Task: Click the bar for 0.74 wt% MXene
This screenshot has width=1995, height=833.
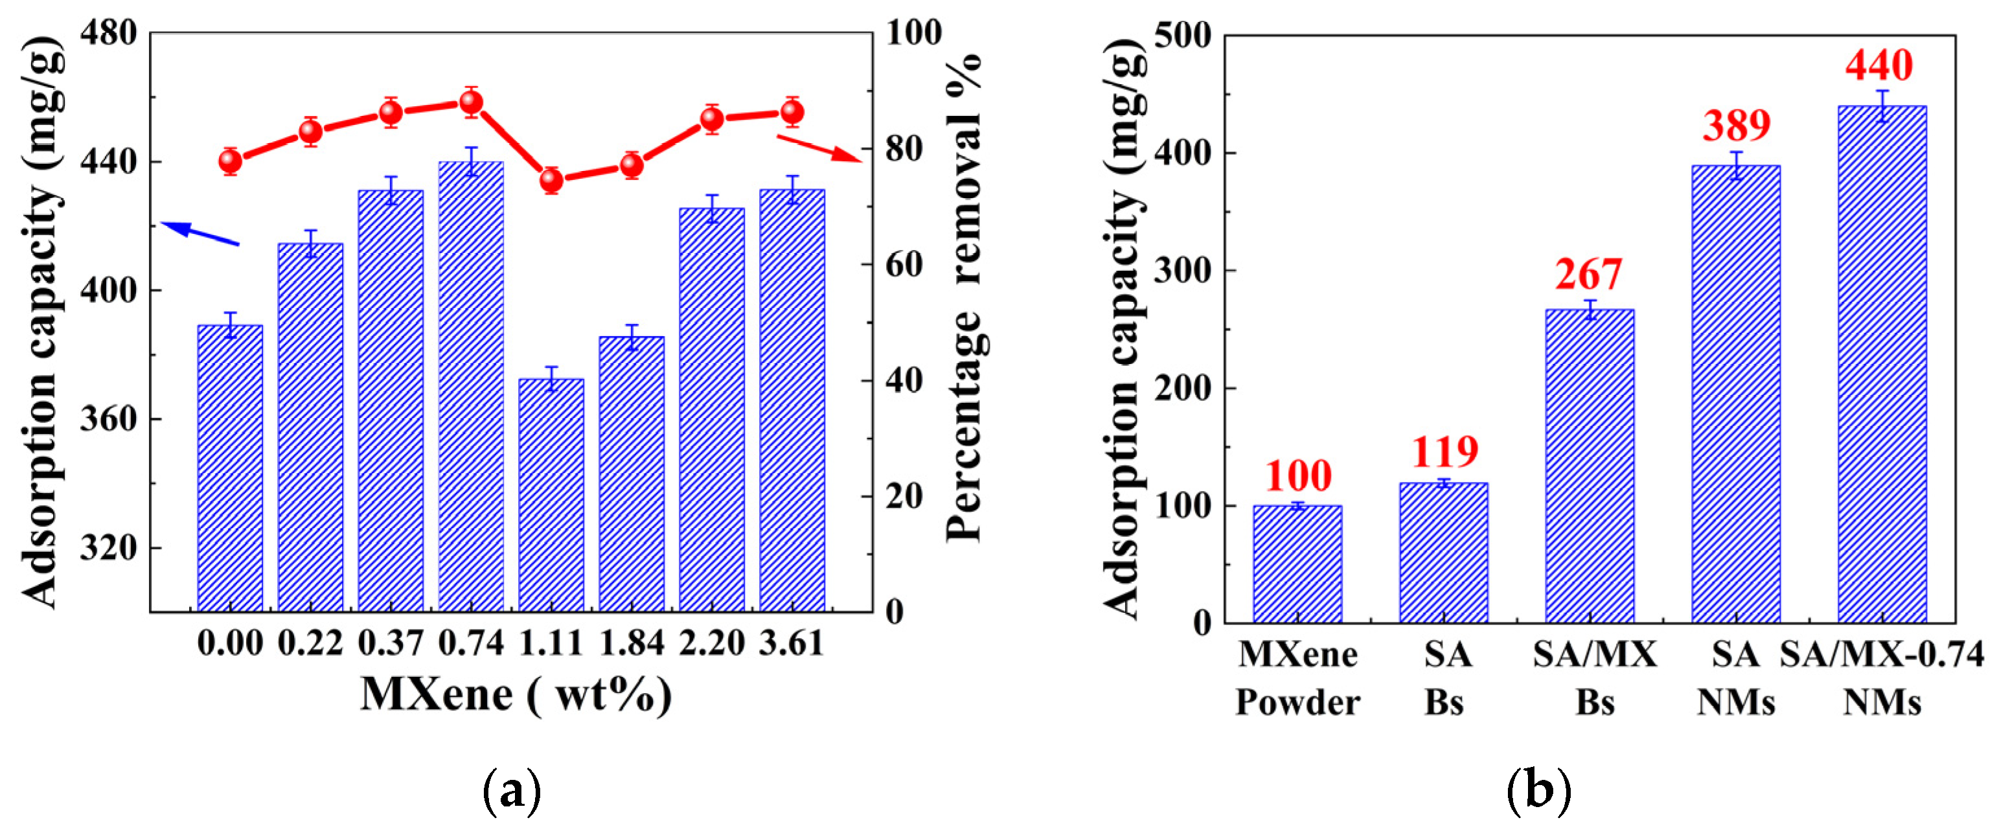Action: pos(471,387)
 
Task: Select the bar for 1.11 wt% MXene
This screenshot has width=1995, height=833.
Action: pos(551,496)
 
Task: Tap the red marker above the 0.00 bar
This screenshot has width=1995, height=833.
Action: pos(230,161)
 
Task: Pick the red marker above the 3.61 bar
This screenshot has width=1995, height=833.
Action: pos(792,113)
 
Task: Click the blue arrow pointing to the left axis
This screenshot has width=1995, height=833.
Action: pos(199,233)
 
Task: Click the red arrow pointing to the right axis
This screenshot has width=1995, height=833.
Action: pos(819,148)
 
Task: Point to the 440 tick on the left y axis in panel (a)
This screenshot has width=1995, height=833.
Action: pos(108,162)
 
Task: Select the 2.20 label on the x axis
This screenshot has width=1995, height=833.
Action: pos(712,643)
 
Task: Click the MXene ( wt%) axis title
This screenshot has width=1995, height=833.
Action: pos(516,694)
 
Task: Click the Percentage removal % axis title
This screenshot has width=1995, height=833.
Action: pos(964,298)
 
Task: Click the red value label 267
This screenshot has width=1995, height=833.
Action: pos(1588,275)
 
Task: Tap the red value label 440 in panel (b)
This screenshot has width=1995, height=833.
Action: pos(1879,65)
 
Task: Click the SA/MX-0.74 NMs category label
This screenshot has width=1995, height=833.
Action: pos(1882,678)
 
